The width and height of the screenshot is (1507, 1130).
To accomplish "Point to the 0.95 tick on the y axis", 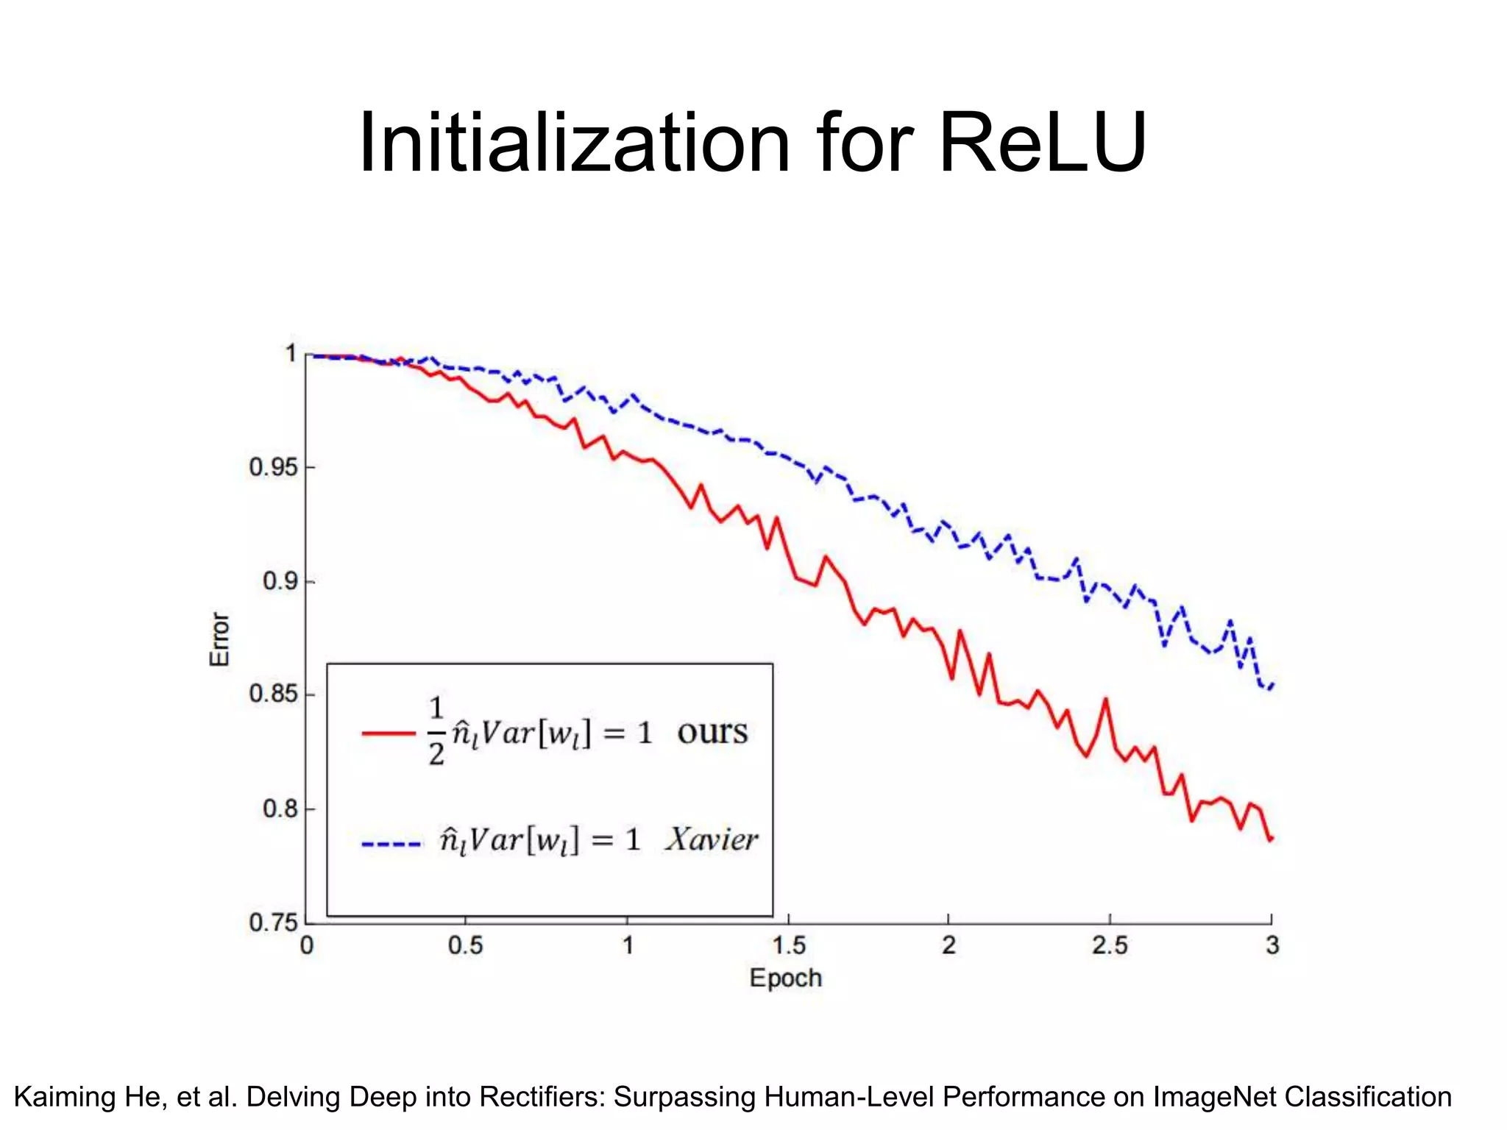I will click(274, 467).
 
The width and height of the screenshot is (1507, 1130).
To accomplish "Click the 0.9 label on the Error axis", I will click(280, 581).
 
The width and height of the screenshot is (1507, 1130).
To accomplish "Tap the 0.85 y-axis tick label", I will click(274, 694).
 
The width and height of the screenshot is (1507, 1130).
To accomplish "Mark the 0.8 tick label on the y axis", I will click(280, 809).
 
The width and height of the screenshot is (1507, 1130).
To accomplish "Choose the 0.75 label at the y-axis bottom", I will click(274, 923).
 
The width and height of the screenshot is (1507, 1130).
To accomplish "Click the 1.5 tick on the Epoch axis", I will click(789, 945).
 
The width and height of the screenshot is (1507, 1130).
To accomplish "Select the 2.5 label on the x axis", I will click(1110, 945).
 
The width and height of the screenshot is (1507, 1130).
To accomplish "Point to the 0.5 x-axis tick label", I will click(465, 945).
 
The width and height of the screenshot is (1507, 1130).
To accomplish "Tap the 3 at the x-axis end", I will click(1272, 945).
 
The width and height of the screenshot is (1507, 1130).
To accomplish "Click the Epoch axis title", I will click(785, 978).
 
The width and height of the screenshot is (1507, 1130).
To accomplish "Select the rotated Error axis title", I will click(220, 639).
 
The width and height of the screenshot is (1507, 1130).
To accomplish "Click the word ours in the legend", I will click(712, 732).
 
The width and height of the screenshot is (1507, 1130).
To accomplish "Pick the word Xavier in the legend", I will click(712, 839).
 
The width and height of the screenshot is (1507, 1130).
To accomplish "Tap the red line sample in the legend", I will click(389, 733).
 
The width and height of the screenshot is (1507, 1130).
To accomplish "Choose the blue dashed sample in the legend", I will click(391, 844).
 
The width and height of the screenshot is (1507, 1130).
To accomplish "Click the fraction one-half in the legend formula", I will click(436, 731).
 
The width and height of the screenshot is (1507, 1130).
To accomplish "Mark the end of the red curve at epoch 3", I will click(1271, 839).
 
